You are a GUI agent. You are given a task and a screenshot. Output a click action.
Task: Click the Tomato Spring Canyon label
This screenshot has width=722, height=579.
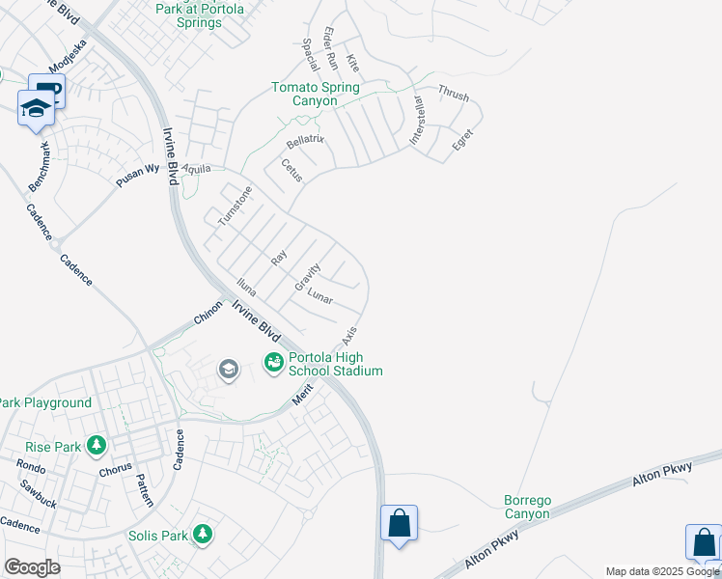click(315, 94)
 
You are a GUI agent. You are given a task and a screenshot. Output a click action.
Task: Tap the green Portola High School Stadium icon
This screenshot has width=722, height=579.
click(273, 362)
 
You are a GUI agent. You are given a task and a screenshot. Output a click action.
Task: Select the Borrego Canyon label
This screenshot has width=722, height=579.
click(527, 507)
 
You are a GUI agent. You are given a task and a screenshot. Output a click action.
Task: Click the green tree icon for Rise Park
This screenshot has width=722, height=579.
click(96, 446)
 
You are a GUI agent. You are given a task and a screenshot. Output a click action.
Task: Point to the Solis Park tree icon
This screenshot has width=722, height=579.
click(202, 534)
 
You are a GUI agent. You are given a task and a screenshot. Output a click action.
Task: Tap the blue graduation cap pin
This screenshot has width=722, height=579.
click(36, 108)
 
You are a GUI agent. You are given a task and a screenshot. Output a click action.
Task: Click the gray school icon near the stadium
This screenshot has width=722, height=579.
click(228, 370)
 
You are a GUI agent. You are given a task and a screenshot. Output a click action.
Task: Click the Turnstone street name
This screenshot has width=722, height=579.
click(234, 206)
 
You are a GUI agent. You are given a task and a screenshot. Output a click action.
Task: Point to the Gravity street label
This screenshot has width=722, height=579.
click(307, 278)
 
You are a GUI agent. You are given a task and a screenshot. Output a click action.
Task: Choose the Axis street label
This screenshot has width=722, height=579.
click(348, 336)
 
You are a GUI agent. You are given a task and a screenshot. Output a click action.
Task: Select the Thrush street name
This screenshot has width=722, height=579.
click(453, 94)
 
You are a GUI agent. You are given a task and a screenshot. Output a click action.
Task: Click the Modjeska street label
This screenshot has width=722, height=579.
click(69, 56)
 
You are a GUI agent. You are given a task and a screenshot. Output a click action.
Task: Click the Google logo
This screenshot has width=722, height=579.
click(32, 567)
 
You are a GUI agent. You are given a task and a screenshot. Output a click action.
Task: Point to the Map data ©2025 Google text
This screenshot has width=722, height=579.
click(663, 571)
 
